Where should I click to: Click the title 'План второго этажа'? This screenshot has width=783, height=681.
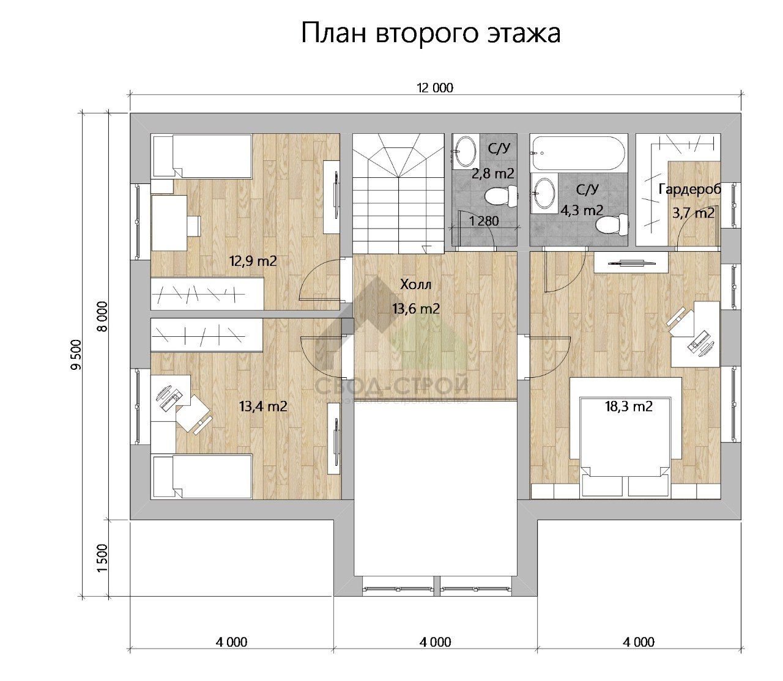click(431, 33)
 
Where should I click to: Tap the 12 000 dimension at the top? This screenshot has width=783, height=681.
click(435, 88)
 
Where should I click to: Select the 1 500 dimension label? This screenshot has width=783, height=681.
click(102, 558)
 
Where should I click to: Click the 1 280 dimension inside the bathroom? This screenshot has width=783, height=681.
click(484, 221)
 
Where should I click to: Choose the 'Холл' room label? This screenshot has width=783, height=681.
click(416, 284)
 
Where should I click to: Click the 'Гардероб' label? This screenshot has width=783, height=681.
click(689, 190)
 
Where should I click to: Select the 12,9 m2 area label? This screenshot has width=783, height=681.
click(253, 261)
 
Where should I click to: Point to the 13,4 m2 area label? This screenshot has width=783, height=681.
click(263, 406)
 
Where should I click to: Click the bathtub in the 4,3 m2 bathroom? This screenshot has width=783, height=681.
click(578, 153)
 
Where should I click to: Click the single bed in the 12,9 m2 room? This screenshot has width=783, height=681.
click(202, 156)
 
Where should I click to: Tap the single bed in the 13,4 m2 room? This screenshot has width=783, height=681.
click(202, 477)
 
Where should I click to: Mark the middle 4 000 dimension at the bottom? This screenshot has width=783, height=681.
click(436, 642)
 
